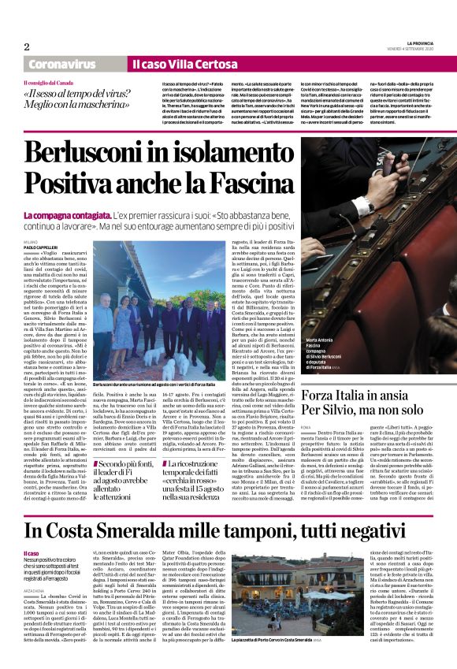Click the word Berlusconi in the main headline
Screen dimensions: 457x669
[x=110, y=151]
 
